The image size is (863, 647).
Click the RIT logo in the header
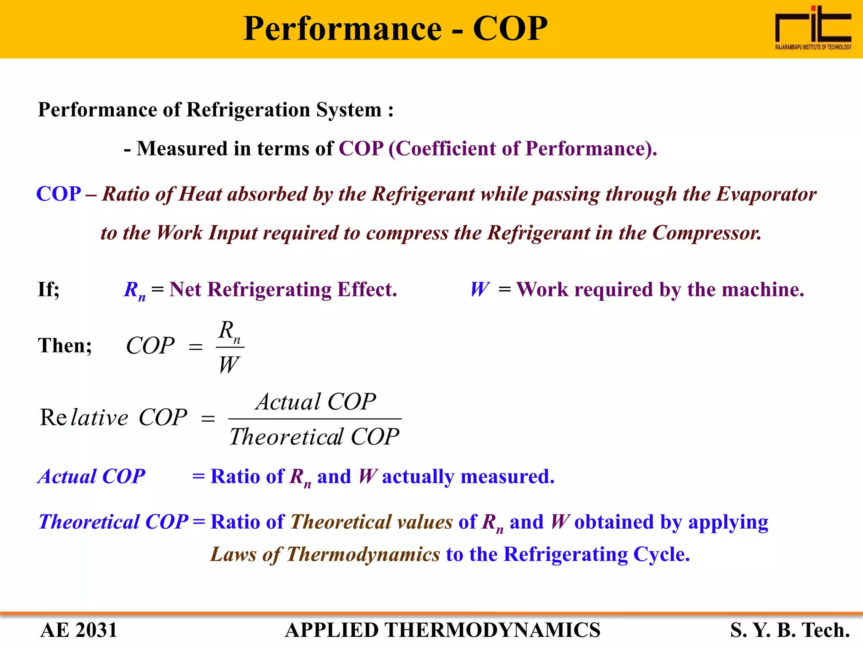coord(813,27)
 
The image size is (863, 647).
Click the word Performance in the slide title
coord(342,29)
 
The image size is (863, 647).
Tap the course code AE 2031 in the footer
coord(79,630)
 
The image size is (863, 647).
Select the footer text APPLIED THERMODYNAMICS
coord(442,630)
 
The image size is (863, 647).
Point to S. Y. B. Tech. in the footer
coord(790,630)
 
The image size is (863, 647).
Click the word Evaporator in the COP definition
coord(766,194)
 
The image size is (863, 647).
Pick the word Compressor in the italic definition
coord(707,233)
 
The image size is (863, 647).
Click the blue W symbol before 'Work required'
coord(480,290)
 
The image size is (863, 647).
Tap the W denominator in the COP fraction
coord(229,364)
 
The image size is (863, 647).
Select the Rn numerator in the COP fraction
coord(230,331)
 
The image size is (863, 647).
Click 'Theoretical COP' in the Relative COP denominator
coord(314,436)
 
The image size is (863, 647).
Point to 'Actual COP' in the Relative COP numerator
coord(316,401)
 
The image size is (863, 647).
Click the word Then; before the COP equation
coord(65,345)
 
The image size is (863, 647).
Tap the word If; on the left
coord(48,290)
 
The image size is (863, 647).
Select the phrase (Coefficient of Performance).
coord(523,149)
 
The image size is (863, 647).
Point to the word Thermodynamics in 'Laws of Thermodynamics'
coord(363,554)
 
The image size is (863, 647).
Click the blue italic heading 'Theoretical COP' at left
coord(113,522)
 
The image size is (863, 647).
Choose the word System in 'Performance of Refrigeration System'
coord(349,110)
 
